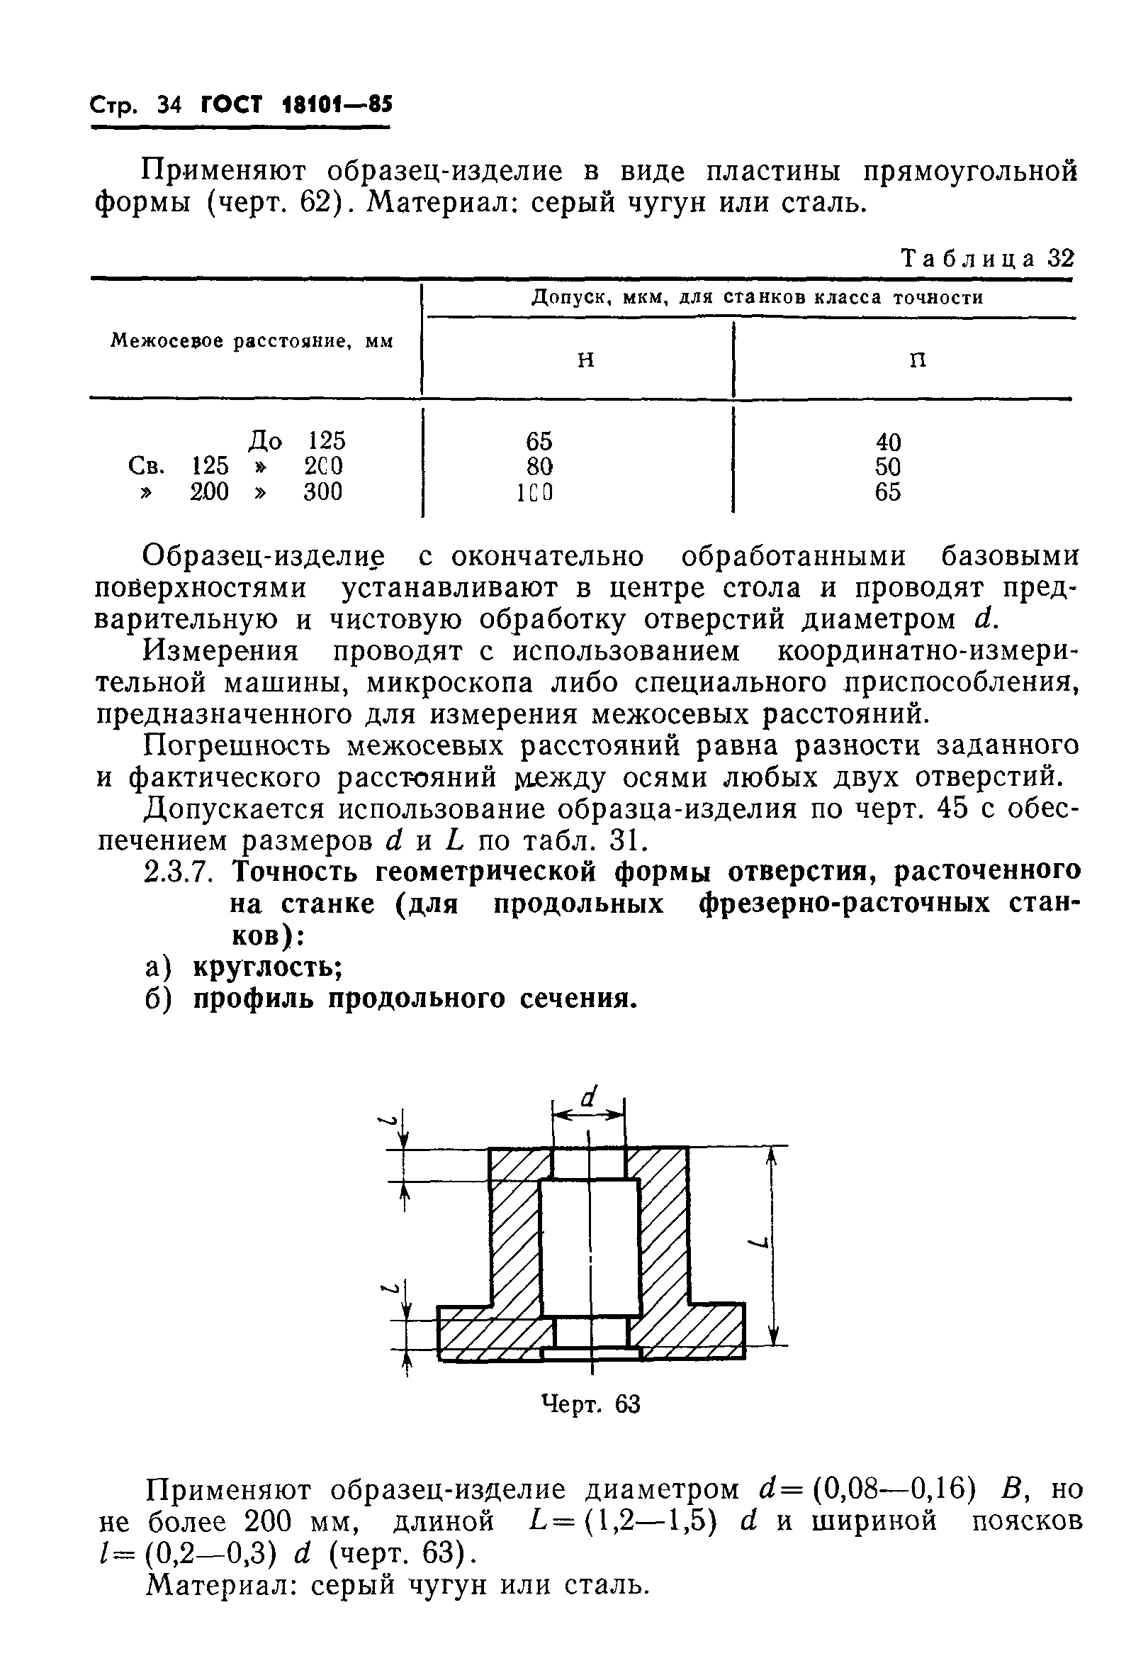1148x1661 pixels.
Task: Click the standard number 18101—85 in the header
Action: coord(328,105)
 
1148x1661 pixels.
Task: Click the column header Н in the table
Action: coord(587,360)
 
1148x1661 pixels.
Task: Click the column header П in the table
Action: coord(918,360)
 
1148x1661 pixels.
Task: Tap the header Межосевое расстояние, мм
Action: coord(252,341)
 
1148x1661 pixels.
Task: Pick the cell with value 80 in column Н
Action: coord(539,467)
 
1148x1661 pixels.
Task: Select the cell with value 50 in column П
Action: coord(888,467)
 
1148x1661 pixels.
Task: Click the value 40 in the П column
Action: coord(888,442)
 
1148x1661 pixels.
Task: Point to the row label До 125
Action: coord(297,440)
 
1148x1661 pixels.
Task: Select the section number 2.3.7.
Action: coord(179,872)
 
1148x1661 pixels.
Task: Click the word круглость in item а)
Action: coord(266,968)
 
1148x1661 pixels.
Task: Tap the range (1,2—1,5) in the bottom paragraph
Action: coord(651,1521)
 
